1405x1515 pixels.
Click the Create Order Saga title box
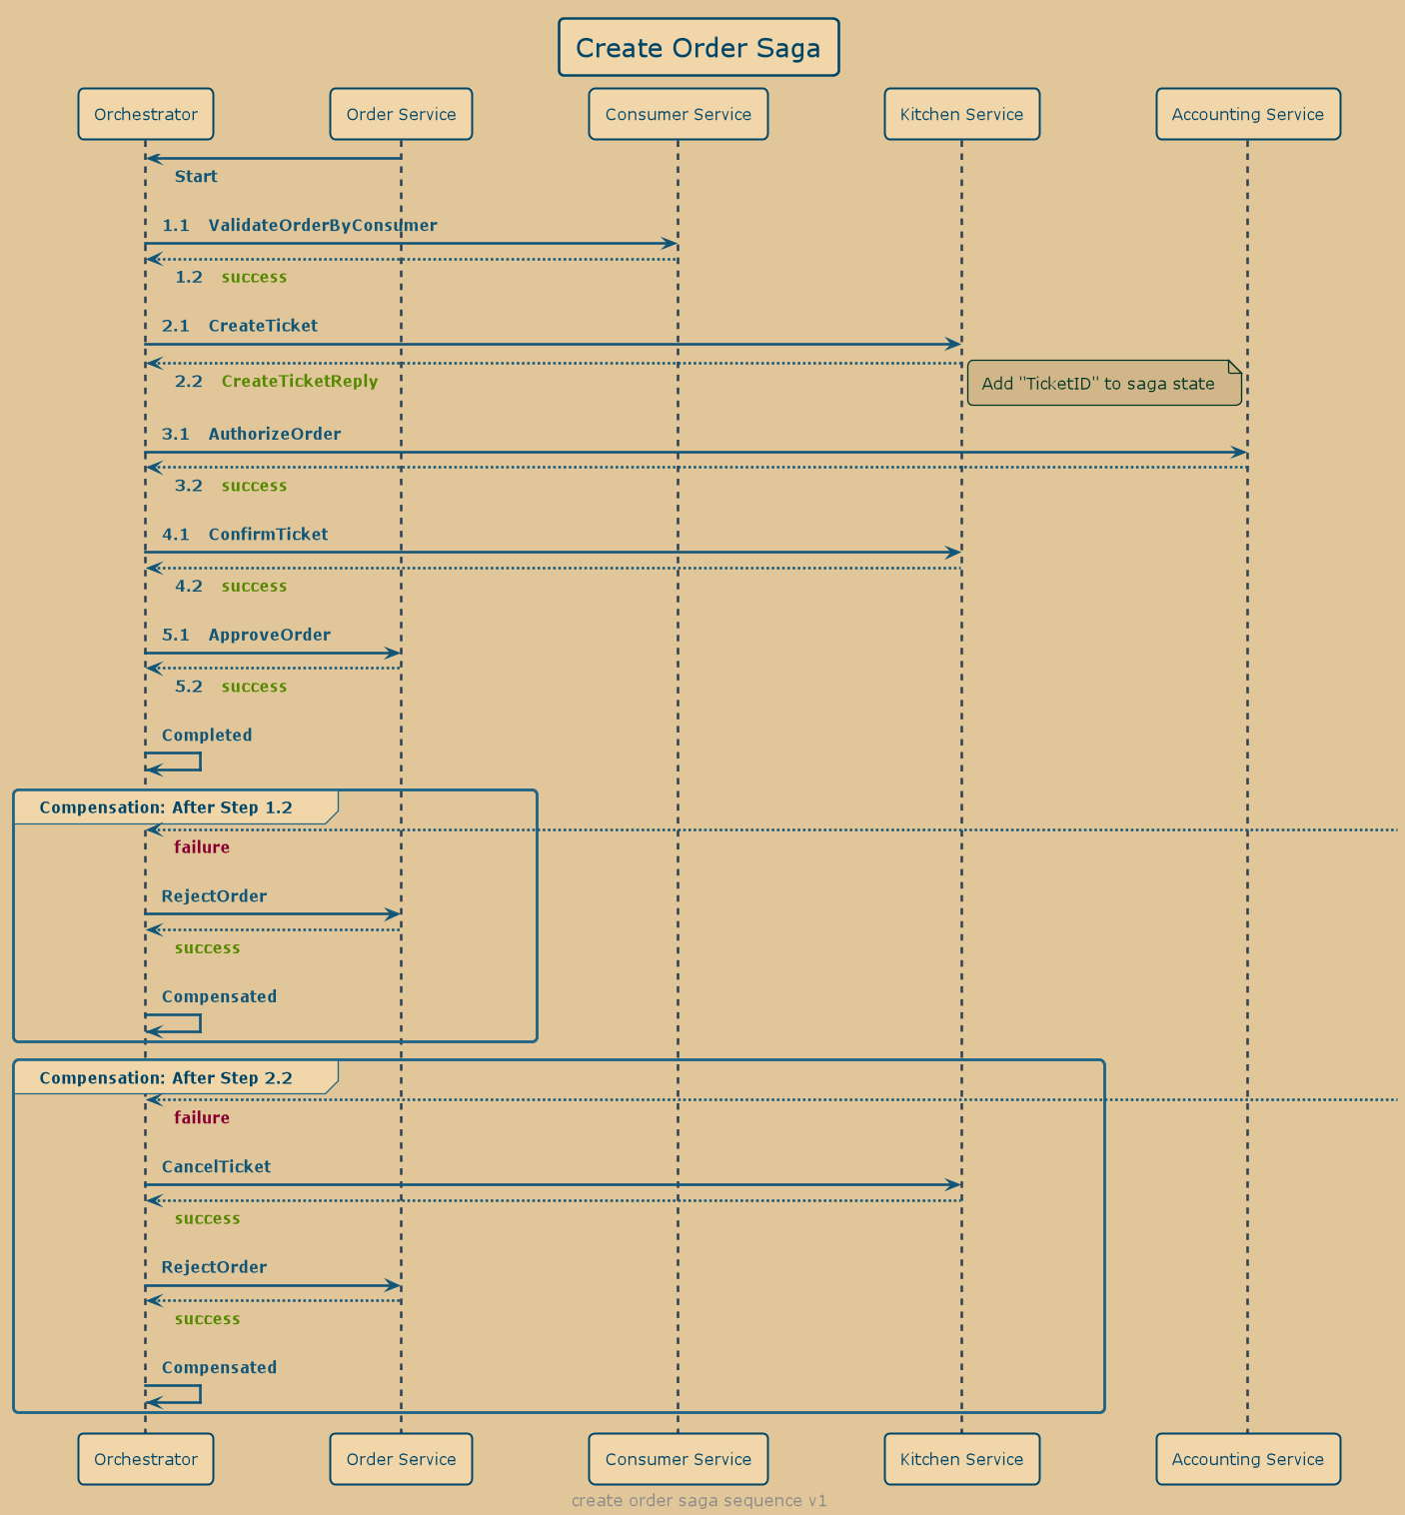[699, 47]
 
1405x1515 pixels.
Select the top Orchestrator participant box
[146, 114]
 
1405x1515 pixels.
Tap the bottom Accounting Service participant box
[1247, 1459]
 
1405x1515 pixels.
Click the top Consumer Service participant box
[678, 114]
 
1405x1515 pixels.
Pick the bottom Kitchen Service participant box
[961, 1459]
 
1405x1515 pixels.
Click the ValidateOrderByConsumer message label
[322, 226]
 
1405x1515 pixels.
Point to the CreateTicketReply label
[300, 381]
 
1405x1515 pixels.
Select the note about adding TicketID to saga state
[1103, 384]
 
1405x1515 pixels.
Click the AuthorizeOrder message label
[274, 434]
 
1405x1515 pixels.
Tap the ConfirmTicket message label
[268, 535]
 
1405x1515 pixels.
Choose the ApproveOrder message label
[269, 635]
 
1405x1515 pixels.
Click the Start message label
[196, 177]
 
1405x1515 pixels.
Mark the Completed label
[207, 736]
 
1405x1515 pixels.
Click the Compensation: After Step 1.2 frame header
[166, 807]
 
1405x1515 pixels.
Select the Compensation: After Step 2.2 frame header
[166, 1078]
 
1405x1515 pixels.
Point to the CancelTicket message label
[216, 1167]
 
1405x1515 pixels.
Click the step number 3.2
[189, 486]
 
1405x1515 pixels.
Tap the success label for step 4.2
[254, 587]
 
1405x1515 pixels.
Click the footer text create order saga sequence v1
[699, 1500]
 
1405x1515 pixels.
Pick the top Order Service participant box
[401, 114]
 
